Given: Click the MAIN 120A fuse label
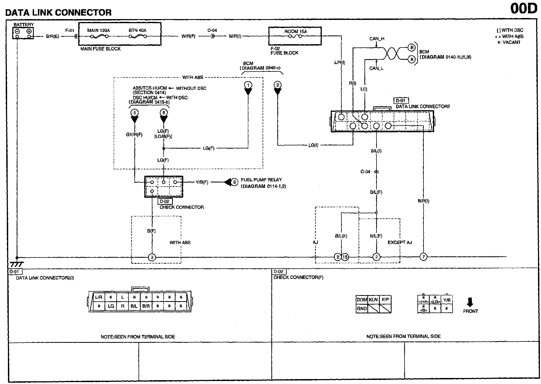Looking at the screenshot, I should [98, 31].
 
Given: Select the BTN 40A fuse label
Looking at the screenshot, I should [137, 31].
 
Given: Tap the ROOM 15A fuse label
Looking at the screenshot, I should [295, 32].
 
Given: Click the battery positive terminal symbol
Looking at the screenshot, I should [29, 31].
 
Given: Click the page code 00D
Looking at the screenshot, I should [523, 9].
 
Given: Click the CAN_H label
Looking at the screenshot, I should [377, 39].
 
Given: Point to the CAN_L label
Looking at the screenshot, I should [376, 68].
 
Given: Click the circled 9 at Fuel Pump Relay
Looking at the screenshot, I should [234, 182].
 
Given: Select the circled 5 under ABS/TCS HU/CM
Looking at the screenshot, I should [134, 112].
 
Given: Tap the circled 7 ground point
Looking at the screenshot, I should [423, 257].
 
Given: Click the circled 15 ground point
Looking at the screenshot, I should [345, 257].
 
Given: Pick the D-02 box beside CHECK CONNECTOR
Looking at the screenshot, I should [165, 202].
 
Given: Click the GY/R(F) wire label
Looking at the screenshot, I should [134, 135].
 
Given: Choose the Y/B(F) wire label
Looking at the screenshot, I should [202, 182].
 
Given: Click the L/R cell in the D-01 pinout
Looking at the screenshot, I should [99, 297].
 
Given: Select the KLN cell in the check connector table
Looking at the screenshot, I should [373, 300].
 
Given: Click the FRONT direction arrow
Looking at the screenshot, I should [470, 302].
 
